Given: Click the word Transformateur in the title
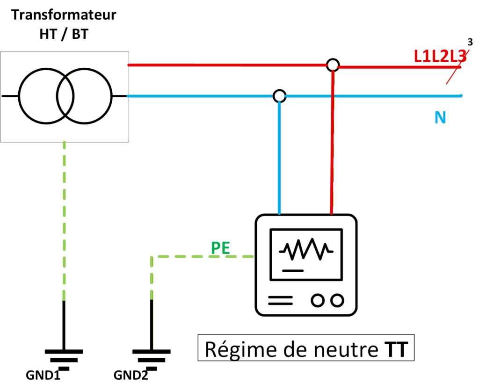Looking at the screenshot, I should (64, 14).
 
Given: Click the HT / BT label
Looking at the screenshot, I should (64, 35).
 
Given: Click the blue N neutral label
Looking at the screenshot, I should (440, 117).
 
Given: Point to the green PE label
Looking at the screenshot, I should (220, 248).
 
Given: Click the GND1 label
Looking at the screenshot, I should (44, 376).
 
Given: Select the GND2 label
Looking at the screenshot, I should (131, 376).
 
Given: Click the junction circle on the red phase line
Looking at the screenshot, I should (332, 65).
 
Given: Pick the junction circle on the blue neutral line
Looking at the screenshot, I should (279, 96).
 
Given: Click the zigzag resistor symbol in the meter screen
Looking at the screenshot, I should (306, 251).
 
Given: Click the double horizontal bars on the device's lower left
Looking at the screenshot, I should (280, 300).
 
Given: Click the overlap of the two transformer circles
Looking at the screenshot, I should (65, 96).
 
